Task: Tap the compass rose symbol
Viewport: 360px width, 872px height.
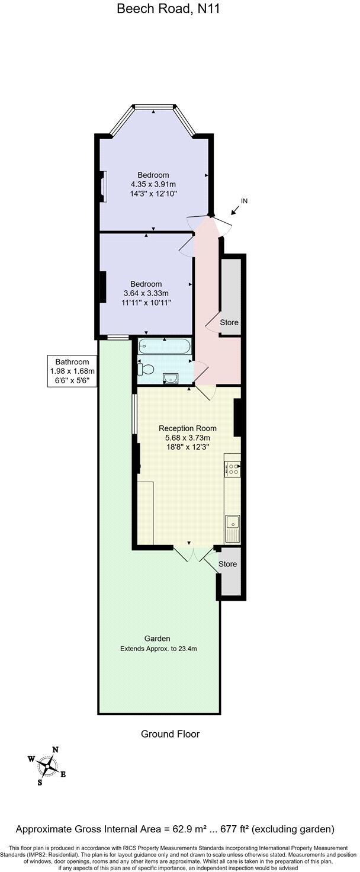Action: click(47, 766)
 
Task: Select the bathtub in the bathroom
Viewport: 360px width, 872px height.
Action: click(164, 346)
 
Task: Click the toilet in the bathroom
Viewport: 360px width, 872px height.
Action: click(145, 370)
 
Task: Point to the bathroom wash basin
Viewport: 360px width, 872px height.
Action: click(171, 377)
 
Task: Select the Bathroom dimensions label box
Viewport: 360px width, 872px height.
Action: click(72, 371)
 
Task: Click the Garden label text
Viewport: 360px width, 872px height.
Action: click(157, 639)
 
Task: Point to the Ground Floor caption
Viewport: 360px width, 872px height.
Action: click(170, 734)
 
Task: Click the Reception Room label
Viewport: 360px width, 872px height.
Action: click(187, 428)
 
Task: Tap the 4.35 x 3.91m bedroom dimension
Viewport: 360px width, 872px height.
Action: click(153, 184)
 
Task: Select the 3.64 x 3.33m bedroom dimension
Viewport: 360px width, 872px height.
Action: click(146, 293)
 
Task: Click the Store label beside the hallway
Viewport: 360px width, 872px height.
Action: click(229, 323)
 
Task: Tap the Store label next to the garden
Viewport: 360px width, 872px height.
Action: click(228, 564)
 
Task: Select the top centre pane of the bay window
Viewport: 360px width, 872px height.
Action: click(154, 107)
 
